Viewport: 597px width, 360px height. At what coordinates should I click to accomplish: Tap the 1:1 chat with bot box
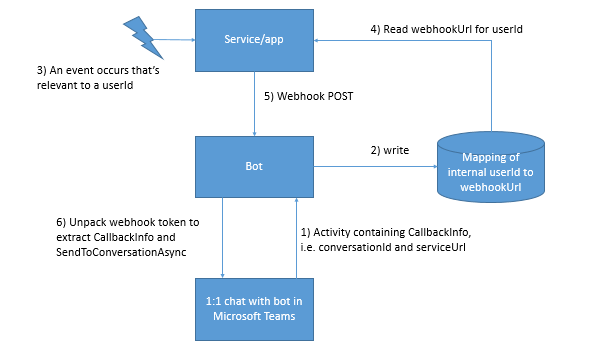point(257,310)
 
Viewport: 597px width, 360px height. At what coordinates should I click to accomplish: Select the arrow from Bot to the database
point(375,162)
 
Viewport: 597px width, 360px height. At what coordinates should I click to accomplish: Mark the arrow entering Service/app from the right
point(400,41)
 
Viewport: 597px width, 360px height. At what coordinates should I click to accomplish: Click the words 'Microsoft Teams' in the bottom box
point(257,318)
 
